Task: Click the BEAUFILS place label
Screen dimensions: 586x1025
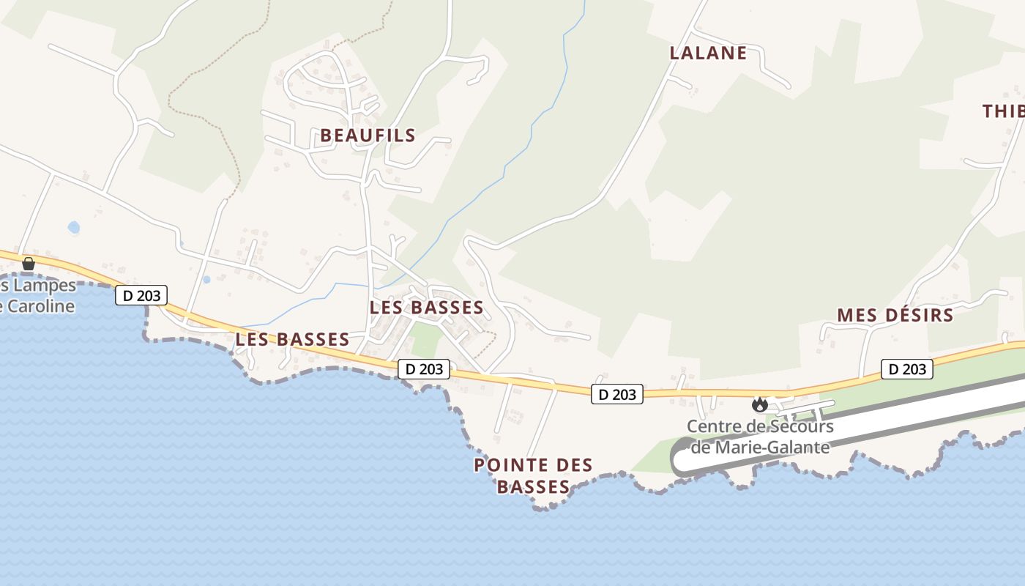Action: tap(368, 136)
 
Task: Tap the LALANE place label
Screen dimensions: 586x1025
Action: tap(708, 53)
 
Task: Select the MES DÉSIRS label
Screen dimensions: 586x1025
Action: tap(895, 316)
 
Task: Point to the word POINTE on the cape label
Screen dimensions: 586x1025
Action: tap(510, 465)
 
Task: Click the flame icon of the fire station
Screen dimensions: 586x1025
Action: tap(759, 404)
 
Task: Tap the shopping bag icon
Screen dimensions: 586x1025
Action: tap(29, 264)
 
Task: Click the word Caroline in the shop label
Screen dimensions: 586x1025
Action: tap(38, 306)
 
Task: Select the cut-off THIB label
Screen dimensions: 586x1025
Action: tap(1003, 111)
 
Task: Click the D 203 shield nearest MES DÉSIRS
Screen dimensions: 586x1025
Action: tap(907, 369)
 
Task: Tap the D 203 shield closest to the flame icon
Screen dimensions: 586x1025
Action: tap(617, 394)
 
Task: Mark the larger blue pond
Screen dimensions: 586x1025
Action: tap(73, 228)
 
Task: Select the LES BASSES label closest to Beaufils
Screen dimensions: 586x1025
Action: tap(426, 308)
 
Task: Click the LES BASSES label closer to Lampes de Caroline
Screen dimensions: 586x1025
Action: tap(292, 340)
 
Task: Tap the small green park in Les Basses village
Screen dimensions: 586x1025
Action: tap(424, 340)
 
